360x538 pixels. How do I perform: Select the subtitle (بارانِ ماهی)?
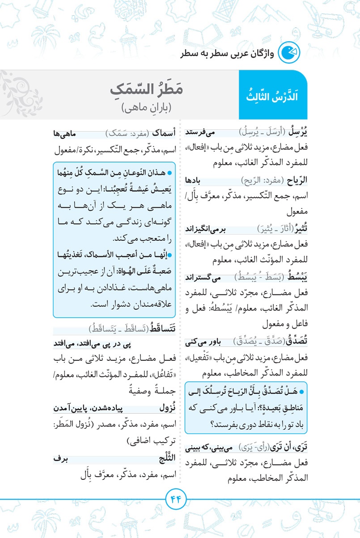(147, 107)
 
